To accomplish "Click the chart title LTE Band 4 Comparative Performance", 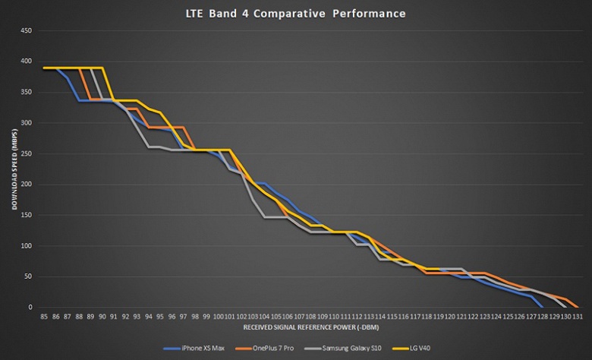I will [x=295, y=14].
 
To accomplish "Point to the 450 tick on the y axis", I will [x=26, y=30].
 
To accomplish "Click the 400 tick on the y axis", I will [x=26, y=61].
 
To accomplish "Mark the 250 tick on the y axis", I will [x=26, y=153].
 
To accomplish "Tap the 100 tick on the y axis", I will [x=26, y=246].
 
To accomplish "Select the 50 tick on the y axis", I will [x=27, y=276].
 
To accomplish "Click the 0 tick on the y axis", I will [x=30, y=308].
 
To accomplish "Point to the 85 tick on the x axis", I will [x=44, y=316].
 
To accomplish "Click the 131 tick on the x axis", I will [x=578, y=316].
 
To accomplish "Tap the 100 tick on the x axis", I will [x=218, y=316].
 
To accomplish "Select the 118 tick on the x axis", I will [x=427, y=316].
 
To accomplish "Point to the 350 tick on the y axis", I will [x=26, y=92].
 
